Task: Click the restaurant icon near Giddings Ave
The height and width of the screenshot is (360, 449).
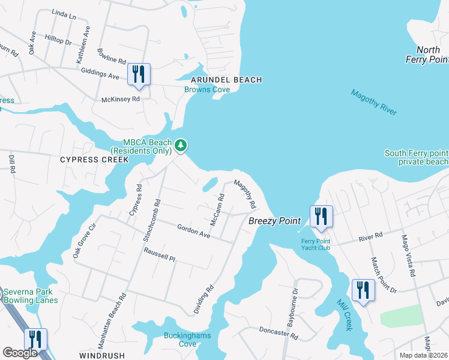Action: [138, 74]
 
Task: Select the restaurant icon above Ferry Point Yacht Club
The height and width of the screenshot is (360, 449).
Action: [321, 216]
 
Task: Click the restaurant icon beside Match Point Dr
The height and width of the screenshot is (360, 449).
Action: [363, 290]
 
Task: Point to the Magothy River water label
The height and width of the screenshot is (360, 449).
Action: [374, 100]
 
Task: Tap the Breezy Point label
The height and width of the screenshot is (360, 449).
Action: [274, 221]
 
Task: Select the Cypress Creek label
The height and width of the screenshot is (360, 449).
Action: [94, 160]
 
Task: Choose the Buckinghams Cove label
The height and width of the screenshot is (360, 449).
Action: [187, 340]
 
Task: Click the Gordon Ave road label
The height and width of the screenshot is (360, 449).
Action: [193, 231]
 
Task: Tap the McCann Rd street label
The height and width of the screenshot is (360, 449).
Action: [217, 209]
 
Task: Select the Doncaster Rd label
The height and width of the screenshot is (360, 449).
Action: [278, 329]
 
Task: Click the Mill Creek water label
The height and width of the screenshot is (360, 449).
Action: [343, 315]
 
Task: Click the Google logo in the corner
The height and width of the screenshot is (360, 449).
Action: [19, 352]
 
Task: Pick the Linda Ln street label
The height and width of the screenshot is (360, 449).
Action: [64, 14]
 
